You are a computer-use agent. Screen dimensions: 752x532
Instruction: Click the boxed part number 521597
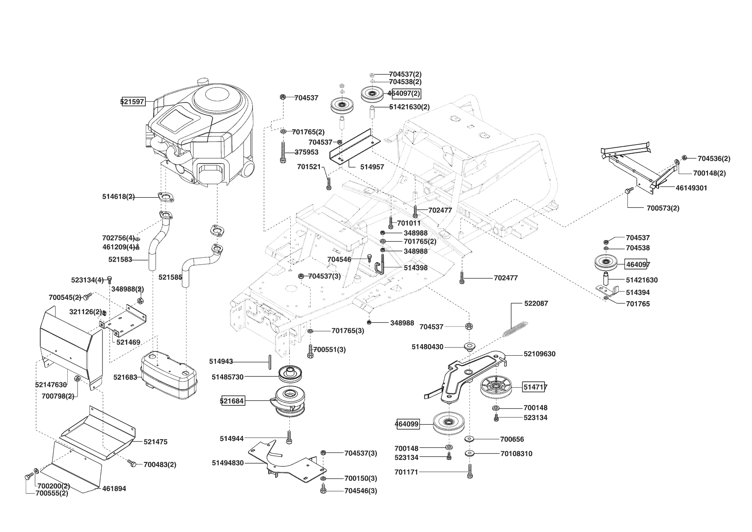click(133, 102)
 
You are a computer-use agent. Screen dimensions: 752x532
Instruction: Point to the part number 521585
click(170, 278)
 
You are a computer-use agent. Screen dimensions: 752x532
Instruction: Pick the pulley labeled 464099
click(449, 423)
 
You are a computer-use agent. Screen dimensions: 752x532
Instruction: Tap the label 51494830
click(228, 463)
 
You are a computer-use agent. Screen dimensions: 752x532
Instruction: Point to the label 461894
click(114, 489)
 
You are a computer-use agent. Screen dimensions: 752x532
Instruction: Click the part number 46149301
click(692, 188)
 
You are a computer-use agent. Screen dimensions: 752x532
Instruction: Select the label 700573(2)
click(663, 208)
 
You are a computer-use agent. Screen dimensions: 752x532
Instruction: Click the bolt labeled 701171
click(470, 471)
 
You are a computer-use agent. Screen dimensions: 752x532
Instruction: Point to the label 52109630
click(539, 354)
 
